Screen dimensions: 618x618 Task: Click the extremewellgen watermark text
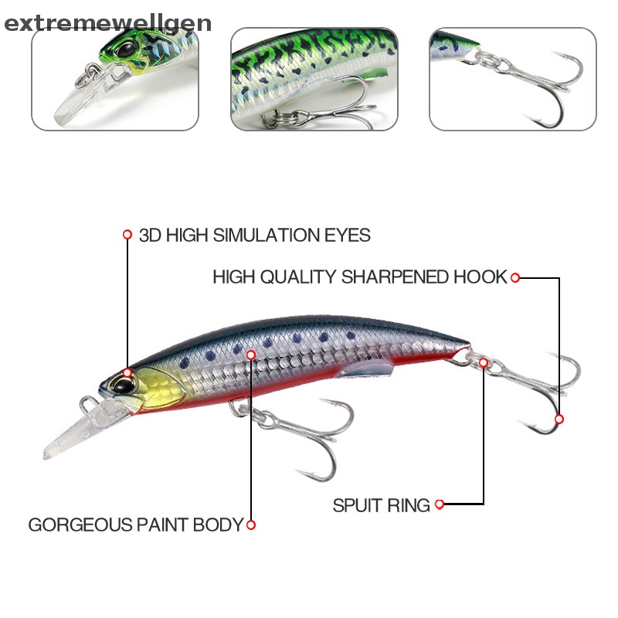[x=107, y=23]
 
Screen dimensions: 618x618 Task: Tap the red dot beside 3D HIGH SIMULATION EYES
[x=127, y=234]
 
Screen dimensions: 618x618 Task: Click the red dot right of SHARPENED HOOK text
[x=515, y=277]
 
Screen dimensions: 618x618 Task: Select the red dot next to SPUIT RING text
[x=440, y=504]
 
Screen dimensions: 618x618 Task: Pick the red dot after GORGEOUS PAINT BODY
[x=250, y=525]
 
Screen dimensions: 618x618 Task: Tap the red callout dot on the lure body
[x=250, y=354]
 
